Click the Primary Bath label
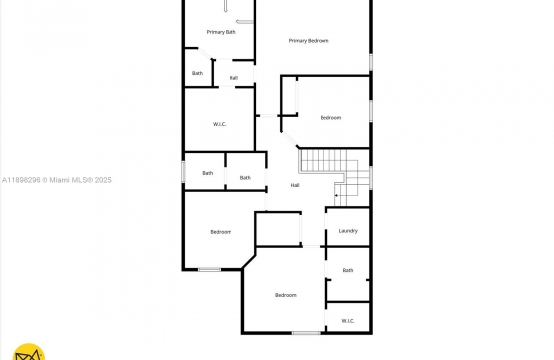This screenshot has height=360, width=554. point(222,32)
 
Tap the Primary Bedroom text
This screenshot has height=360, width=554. point(309,41)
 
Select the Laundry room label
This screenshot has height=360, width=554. point(348,231)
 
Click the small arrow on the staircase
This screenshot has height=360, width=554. point(337,195)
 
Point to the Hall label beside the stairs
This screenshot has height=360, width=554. point(295,185)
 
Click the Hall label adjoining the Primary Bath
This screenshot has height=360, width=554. point(233,78)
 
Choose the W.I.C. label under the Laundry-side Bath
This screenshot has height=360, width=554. point(348,321)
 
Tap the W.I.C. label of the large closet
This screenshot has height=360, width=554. point(219,124)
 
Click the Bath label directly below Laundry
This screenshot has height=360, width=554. point(348,270)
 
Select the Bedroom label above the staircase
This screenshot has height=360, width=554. point(330,118)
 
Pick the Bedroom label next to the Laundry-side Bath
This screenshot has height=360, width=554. point(286,295)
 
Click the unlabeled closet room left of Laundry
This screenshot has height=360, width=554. point(278,228)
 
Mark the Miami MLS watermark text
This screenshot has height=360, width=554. point(80,180)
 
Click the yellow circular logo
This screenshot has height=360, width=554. point(29,352)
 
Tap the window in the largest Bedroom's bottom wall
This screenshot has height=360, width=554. point(306,333)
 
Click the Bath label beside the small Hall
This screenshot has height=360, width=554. point(197,73)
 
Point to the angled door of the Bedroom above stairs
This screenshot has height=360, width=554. point(290,139)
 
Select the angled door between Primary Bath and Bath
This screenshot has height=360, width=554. point(204,53)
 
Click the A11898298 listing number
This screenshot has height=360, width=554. point(21,180)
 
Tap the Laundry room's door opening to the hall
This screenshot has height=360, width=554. point(325,226)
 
